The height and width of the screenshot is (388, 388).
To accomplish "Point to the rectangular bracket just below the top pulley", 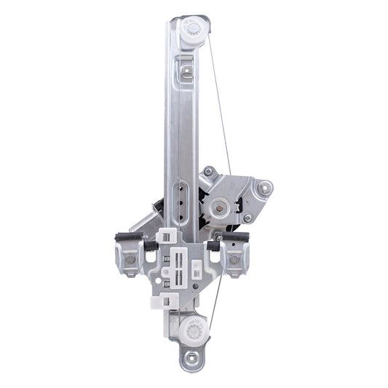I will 187,71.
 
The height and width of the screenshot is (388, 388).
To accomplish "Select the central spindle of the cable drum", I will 218,207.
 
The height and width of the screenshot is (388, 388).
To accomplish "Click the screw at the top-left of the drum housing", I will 209,172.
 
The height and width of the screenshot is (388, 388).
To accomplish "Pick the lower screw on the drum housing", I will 248,218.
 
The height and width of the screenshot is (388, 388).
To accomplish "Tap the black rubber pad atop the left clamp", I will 128,237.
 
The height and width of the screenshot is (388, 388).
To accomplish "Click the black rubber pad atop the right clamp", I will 237,237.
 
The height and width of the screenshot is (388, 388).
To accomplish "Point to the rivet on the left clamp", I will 130,258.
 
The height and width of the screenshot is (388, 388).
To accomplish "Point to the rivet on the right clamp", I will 234,259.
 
